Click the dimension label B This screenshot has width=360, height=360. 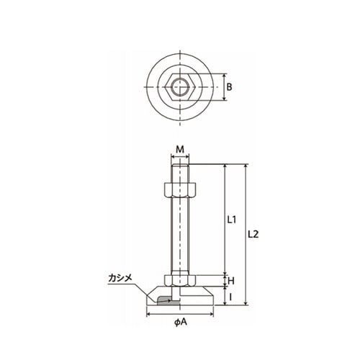[x=229, y=87]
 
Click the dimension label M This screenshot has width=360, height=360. [x=180, y=150]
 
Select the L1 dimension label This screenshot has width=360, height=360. [x=232, y=220]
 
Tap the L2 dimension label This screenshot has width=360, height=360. [x=253, y=234]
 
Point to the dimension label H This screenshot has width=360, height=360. [x=231, y=281]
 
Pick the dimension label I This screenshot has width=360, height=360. [x=230, y=297]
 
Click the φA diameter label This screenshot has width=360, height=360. [x=180, y=322]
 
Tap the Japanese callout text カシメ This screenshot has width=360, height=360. [x=120, y=278]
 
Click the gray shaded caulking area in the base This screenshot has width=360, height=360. [x=168, y=301]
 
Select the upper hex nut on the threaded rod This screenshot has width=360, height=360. [x=180, y=191]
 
